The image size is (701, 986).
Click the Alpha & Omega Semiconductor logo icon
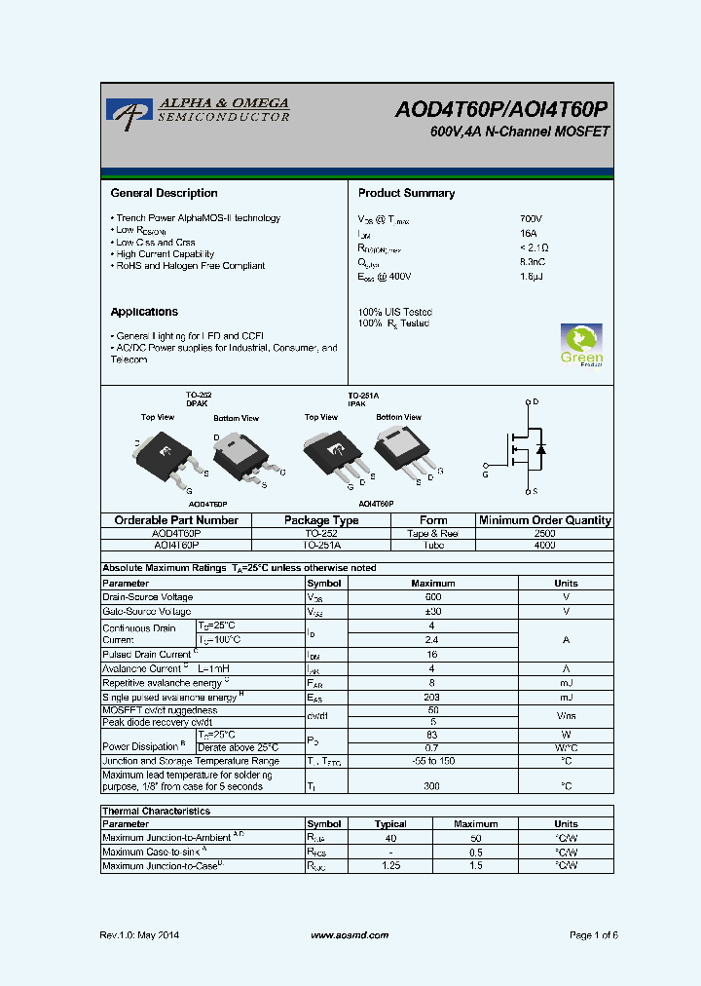(x=125, y=111)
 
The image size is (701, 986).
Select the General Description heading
(x=164, y=193)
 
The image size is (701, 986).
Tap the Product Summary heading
(x=406, y=193)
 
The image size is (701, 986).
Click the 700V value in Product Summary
(x=531, y=218)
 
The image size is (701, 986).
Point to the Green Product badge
(x=581, y=345)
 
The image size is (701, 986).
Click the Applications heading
(x=144, y=312)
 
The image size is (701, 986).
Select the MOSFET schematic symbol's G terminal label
(x=486, y=475)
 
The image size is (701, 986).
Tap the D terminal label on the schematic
(x=535, y=401)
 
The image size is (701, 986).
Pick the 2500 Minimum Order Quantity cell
(x=545, y=534)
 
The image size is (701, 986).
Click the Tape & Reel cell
(x=433, y=534)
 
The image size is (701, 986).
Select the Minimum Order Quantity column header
(x=545, y=520)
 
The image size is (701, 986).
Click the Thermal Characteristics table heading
(x=156, y=811)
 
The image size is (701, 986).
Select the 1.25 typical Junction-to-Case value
(x=391, y=865)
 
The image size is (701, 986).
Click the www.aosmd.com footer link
(x=350, y=935)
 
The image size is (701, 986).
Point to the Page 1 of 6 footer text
(x=593, y=935)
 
